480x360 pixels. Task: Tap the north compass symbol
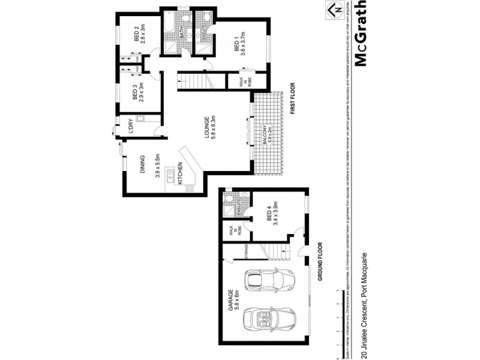[335, 10]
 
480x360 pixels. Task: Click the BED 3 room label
[136, 93]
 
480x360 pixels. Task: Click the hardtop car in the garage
[270, 280]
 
